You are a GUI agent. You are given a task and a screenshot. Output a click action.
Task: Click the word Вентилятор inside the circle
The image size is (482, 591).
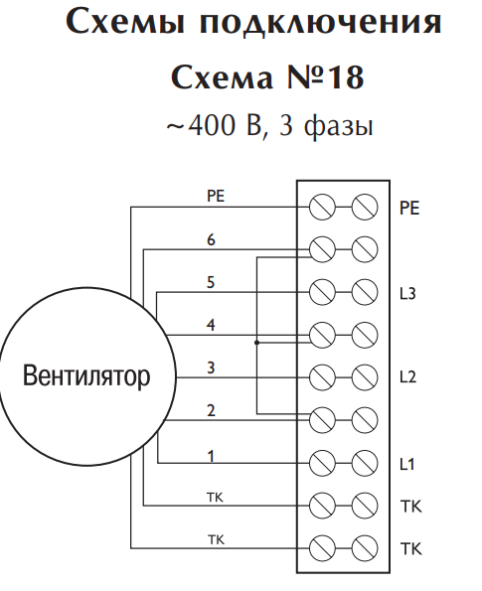86,375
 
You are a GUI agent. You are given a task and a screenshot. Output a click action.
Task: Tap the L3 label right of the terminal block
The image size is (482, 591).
407,293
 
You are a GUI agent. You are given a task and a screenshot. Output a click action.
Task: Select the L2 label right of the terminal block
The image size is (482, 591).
407,376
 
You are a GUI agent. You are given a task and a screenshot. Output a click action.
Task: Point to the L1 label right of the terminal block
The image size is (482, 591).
407,464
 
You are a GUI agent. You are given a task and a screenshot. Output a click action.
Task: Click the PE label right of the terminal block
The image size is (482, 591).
409,208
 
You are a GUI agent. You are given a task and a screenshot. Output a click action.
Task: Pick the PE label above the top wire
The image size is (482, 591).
216,196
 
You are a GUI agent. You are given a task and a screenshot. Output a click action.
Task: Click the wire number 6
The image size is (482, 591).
211,239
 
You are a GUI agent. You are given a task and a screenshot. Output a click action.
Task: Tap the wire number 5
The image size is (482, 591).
211,282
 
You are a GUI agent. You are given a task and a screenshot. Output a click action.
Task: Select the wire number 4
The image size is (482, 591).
211,325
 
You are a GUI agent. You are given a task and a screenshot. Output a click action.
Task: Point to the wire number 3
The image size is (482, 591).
211,368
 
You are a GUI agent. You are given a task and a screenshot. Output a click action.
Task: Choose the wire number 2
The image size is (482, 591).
211,410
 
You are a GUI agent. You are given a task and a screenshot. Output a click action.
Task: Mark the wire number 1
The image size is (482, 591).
212,456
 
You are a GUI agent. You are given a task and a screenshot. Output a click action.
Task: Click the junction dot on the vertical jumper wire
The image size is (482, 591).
256,343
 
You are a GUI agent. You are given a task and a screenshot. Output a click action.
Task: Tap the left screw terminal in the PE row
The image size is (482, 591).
322,207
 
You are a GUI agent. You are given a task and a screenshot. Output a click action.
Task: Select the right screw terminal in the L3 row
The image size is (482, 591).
365,292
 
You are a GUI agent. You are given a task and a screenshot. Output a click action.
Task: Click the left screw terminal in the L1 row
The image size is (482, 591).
322,463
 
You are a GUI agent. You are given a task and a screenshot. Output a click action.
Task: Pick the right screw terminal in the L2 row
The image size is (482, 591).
365,377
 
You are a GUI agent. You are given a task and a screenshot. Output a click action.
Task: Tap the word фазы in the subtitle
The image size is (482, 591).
338,126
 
